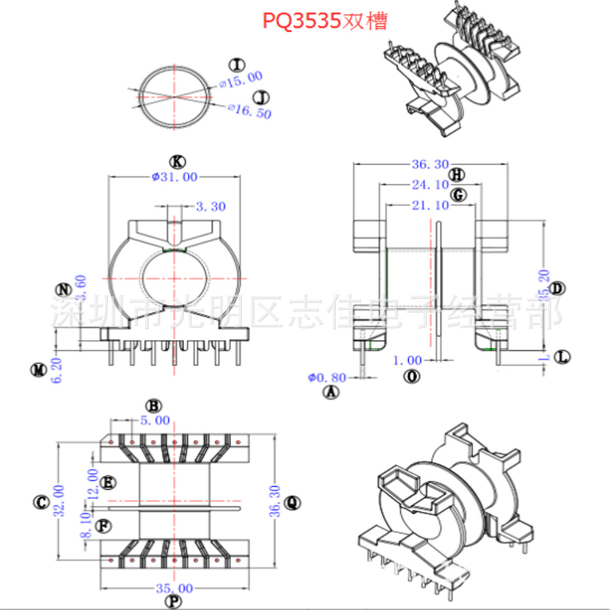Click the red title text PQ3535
tap(301, 21)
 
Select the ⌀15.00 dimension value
tap(241, 79)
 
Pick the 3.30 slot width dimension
tap(210, 207)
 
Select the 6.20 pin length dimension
tap(57, 370)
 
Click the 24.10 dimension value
tap(430, 184)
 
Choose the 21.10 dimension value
tap(430, 206)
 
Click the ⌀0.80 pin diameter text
tap(327, 378)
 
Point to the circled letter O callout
tap(413, 377)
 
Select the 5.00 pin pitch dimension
tap(155, 420)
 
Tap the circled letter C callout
tap(40, 502)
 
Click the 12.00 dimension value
tap(93, 484)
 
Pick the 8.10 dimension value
tap(86, 525)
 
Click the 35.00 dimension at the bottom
tap(174, 588)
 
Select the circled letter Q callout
tap(292, 503)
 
